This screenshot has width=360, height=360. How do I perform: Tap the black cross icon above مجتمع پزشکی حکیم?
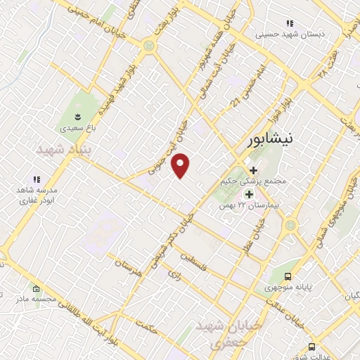pos(253,170)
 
